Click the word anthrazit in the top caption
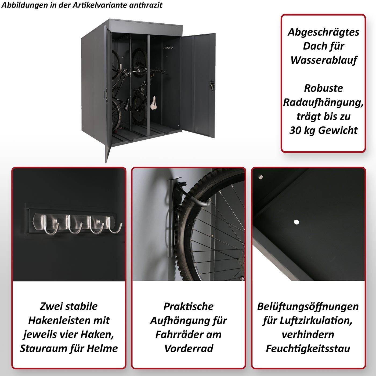pyautogui.click(x=146, y=5)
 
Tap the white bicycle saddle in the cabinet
pyautogui.click(x=153, y=103)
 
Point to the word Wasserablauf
pyautogui.click(x=324, y=60)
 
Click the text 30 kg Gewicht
pyautogui.click(x=324, y=130)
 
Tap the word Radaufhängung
pyautogui.click(x=323, y=102)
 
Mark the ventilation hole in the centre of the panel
pyautogui.click(x=297, y=222)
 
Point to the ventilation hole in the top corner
pyautogui.click(x=261, y=177)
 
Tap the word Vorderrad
pyautogui.click(x=189, y=349)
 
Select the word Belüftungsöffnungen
pyautogui.click(x=308, y=306)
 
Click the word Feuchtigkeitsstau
pyautogui.click(x=308, y=349)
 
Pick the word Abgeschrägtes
pyautogui.click(x=323, y=32)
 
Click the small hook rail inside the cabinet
pyautogui.click(x=168, y=48)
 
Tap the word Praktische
pyautogui.click(x=189, y=306)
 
